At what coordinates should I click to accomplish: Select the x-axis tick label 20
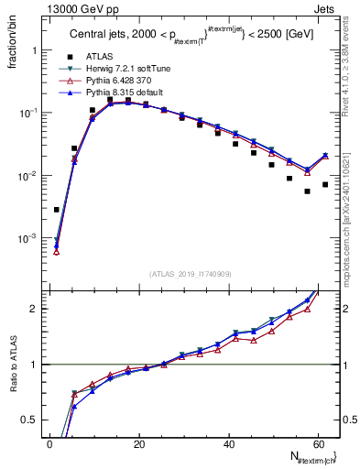pos(139,444)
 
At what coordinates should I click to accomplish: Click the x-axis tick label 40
pos(228,444)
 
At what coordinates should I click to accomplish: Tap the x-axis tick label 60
pos(318,444)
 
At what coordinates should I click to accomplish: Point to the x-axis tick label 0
pos(49,444)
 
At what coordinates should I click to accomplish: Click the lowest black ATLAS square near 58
pos(307,191)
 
